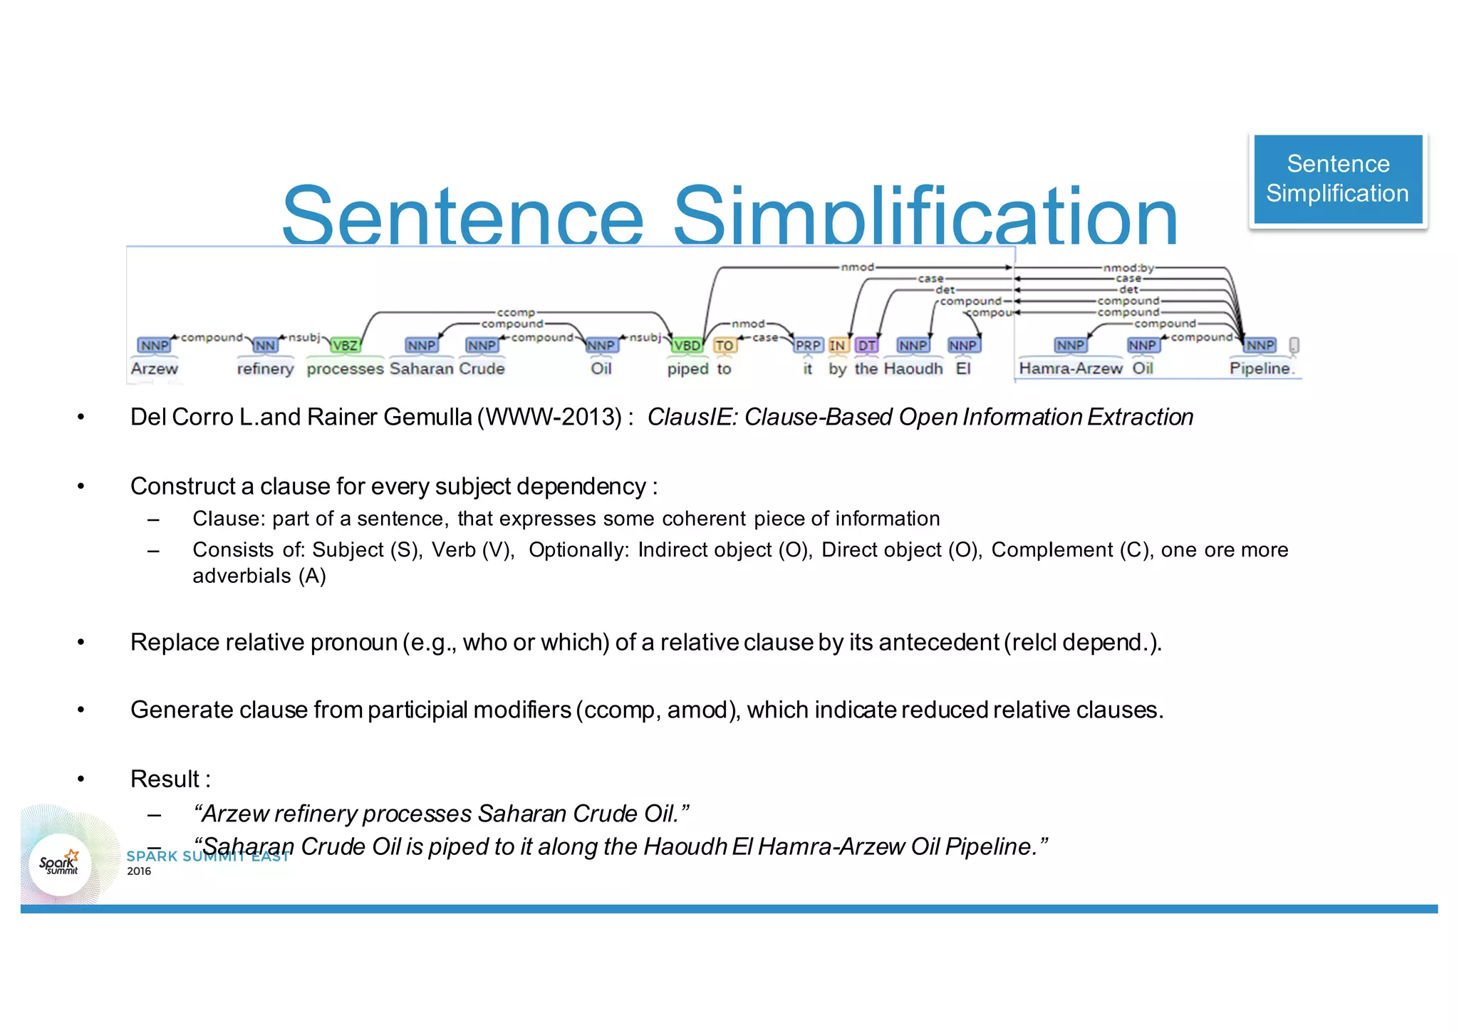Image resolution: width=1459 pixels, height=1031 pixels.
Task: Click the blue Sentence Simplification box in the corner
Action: [1338, 179]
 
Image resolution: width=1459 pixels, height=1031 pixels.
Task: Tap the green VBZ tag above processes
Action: [345, 346]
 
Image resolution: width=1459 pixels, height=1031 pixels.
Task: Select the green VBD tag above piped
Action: [687, 346]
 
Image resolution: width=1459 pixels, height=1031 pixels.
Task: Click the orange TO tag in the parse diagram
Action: [725, 346]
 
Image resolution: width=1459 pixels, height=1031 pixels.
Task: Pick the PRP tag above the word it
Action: [808, 346]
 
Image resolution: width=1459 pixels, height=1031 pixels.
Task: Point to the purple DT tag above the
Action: [866, 346]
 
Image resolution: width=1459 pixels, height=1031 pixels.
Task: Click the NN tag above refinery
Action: [265, 346]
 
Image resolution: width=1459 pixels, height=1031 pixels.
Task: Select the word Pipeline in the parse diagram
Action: [1260, 368]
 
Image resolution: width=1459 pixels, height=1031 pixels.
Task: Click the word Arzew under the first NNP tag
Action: [154, 368]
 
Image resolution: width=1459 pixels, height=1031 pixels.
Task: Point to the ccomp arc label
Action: [515, 313]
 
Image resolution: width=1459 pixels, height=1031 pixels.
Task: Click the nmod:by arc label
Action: [1128, 268]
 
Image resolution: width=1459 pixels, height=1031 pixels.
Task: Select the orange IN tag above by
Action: [837, 346]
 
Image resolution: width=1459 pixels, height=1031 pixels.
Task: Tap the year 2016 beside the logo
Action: [139, 871]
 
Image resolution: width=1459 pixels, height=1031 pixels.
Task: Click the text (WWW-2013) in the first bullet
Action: [549, 417]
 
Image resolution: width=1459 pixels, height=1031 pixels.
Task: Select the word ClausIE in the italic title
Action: [690, 417]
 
